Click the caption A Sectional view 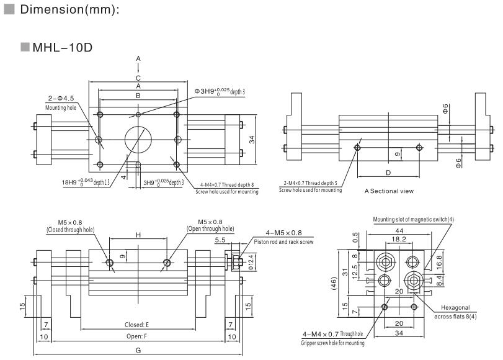[x=389, y=191]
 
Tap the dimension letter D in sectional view [x=388, y=172]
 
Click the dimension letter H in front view [x=138, y=235]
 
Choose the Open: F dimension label [x=137, y=336]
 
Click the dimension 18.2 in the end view [x=399, y=238]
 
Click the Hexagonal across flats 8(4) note [x=456, y=312]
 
